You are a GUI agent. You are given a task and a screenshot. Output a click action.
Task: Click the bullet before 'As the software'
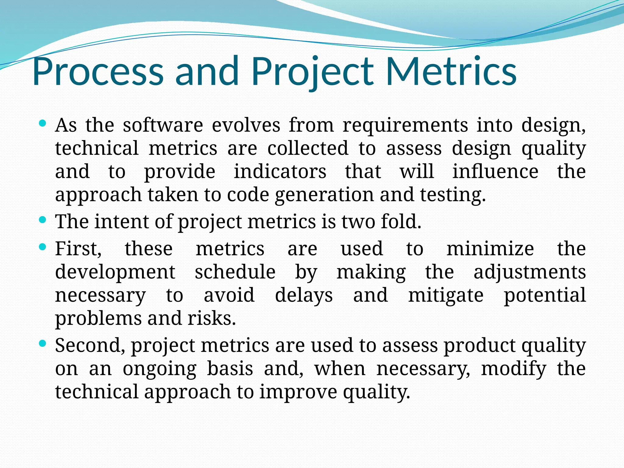(x=43, y=123)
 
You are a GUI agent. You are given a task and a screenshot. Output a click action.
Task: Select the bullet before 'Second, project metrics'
(x=43, y=343)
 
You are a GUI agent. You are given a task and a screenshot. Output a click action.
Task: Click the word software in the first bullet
(x=163, y=125)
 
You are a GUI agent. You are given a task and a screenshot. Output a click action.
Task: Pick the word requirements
(x=405, y=125)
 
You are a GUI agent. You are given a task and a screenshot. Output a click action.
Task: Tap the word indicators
(x=280, y=172)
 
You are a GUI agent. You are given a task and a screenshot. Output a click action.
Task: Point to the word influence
(x=495, y=172)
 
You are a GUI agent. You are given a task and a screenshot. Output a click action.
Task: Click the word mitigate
(x=446, y=295)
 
